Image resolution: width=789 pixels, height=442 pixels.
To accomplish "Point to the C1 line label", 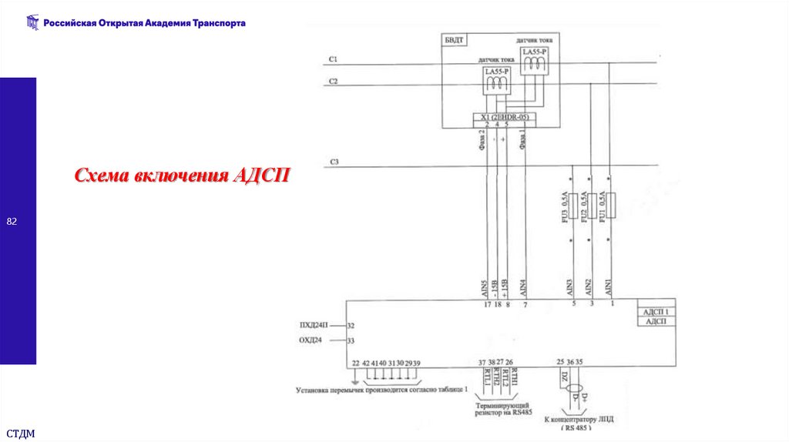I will [x=333, y=59].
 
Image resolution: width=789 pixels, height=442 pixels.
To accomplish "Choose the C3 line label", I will [x=334, y=162].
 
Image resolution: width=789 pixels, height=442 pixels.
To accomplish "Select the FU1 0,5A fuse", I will [x=609, y=207].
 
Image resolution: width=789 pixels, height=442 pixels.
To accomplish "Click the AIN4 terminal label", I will [x=524, y=288].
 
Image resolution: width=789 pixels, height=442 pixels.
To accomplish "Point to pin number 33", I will [x=351, y=340].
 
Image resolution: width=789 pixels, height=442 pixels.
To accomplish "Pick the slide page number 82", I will [x=12, y=222].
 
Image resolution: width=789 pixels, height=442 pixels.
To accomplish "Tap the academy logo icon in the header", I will [x=32, y=23].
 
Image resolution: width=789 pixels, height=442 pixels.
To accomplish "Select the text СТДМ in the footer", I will [x=21, y=434].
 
